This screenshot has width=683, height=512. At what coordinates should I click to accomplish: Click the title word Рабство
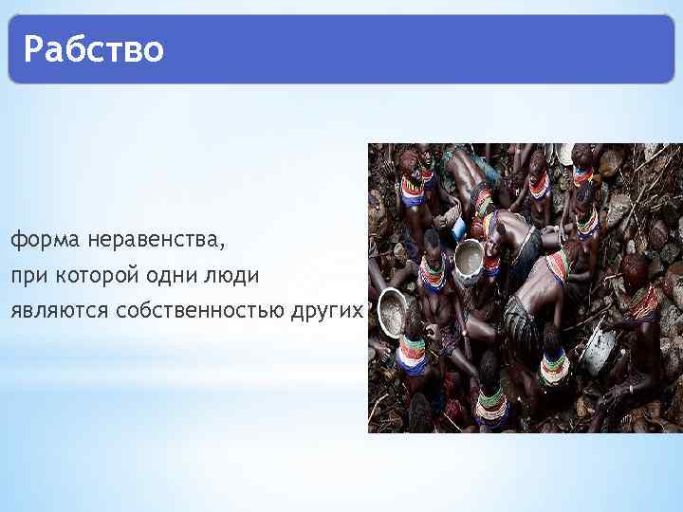[94, 48]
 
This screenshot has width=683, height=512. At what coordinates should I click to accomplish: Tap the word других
[327, 310]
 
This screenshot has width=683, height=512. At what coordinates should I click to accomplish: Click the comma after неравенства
[224, 247]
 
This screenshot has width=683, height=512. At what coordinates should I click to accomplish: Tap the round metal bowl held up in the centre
[469, 257]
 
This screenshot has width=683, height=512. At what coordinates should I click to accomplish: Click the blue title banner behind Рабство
[427, 48]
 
